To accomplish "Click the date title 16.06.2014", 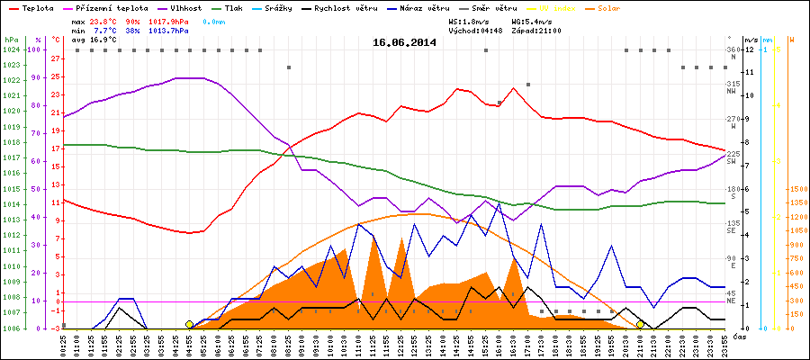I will click(x=404, y=42).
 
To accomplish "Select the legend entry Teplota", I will click(x=37, y=8).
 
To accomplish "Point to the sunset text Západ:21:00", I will click(x=537, y=30).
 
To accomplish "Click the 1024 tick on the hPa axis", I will click(x=12, y=49).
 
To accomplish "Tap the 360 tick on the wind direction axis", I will click(x=732, y=49).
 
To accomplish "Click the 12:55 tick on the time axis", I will click(x=415, y=343).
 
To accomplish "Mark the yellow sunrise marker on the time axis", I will click(x=189, y=324).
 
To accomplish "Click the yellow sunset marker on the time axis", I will click(x=640, y=324).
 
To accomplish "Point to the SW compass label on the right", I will click(x=733, y=161).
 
